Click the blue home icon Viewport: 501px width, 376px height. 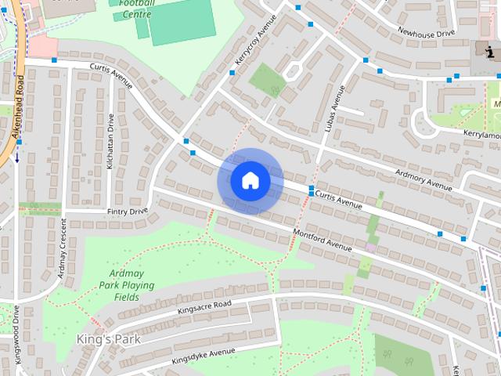tap(250, 180)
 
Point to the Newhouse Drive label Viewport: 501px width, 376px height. tap(426, 33)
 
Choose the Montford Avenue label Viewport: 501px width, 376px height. tap(322, 239)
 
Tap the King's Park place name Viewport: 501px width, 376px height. tap(108, 339)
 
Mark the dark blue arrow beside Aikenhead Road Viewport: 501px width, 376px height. tap(16, 157)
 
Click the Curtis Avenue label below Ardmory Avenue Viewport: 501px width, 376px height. tap(340, 200)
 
